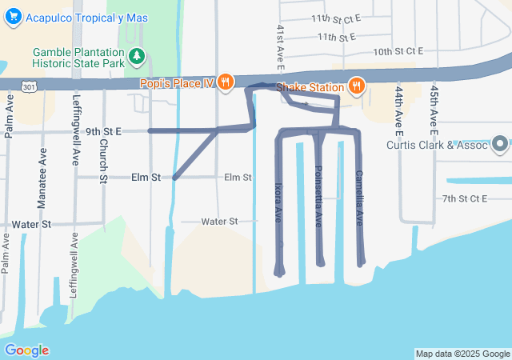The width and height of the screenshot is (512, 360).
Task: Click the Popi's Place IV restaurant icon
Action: point(226,82)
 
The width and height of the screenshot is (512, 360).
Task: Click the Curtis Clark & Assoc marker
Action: point(501,145)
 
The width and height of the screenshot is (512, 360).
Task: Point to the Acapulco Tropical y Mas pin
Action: point(13,18)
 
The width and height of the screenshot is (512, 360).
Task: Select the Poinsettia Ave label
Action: point(318,194)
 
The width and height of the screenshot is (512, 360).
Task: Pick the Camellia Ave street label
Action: point(359,197)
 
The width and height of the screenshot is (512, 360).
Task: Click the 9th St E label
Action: point(102,130)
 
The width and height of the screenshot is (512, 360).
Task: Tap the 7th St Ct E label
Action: point(465,198)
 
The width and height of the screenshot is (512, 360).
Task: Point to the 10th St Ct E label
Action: point(398,51)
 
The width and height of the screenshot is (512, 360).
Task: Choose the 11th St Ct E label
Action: point(337,18)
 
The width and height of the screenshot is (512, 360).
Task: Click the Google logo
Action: point(27,350)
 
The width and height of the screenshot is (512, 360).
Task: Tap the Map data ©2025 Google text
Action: point(462,354)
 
